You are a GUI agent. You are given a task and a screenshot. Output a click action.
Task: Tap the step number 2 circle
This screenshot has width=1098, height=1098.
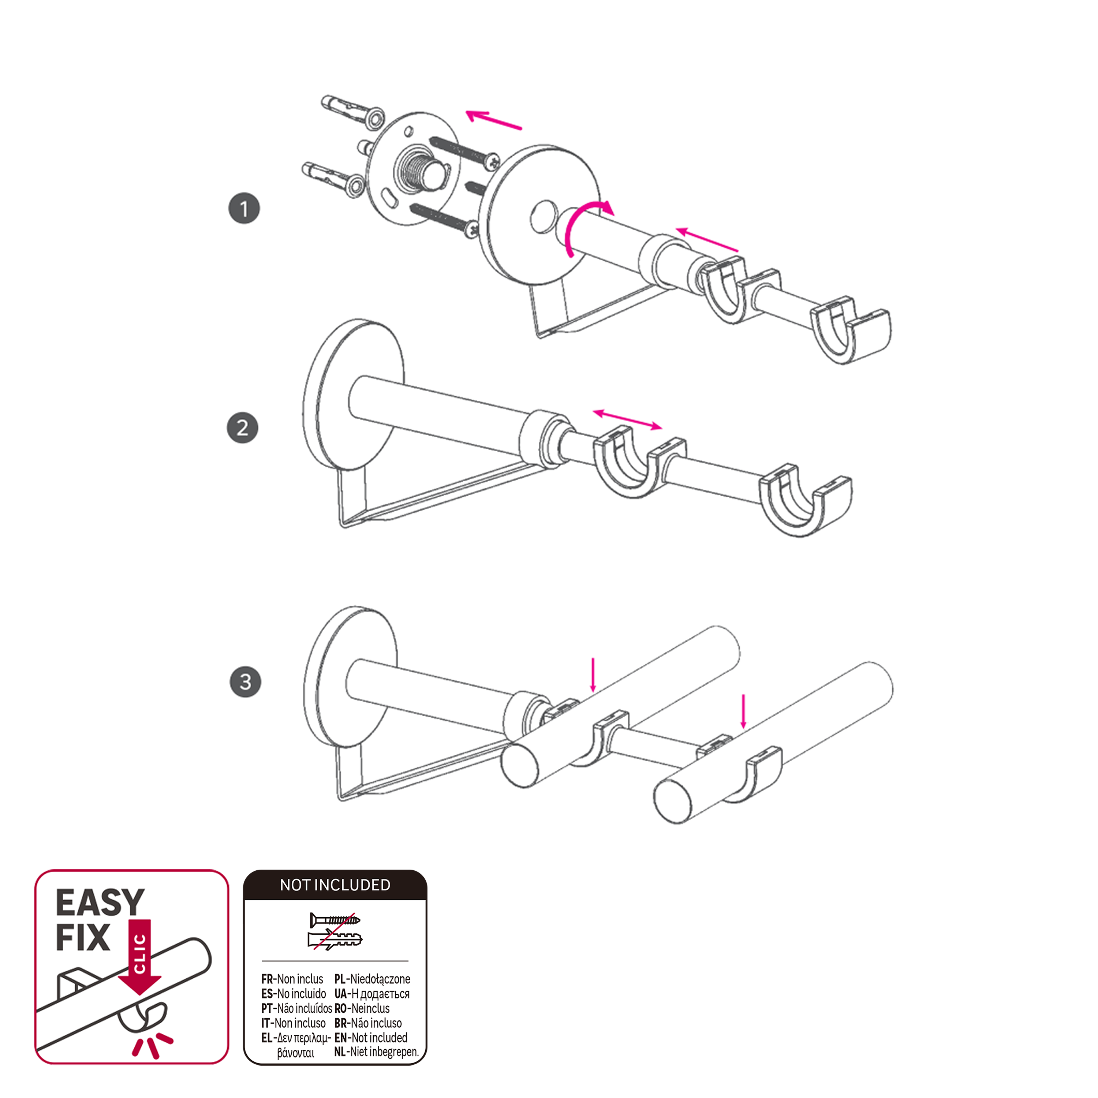pyautogui.click(x=243, y=428)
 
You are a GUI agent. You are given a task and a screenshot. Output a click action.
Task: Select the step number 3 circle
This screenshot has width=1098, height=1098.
pyautogui.click(x=246, y=682)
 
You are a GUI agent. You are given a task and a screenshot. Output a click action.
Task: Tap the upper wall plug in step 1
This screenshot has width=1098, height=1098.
pyautogui.click(x=352, y=111)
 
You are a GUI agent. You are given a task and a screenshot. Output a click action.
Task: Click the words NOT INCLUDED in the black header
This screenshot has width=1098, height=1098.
pyautogui.click(x=335, y=885)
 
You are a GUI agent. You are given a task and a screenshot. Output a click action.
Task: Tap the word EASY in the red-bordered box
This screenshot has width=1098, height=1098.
pyautogui.click(x=100, y=903)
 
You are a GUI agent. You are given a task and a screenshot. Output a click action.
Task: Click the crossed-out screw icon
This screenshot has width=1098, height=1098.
pyautogui.click(x=335, y=920)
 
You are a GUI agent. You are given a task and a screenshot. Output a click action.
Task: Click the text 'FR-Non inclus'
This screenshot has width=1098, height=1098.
pyautogui.click(x=292, y=979)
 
